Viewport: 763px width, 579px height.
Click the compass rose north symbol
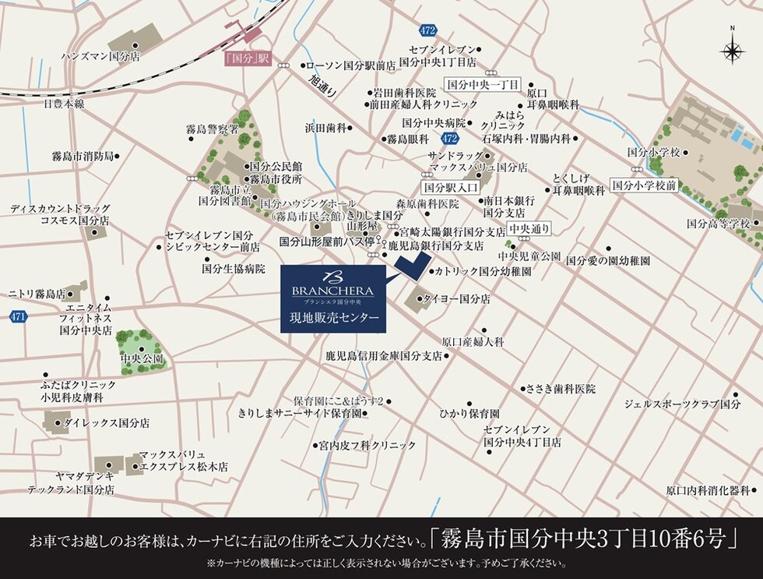(733, 49)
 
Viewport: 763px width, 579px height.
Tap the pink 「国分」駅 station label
(245, 58)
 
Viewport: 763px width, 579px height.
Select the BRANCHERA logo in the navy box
(332, 285)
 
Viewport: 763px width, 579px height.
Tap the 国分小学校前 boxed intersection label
(643, 185)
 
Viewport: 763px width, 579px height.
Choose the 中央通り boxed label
(529, 229)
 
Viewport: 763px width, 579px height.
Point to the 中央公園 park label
(142, 359)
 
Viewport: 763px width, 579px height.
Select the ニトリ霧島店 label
(37, 294)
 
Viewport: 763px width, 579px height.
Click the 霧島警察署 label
(212, 129)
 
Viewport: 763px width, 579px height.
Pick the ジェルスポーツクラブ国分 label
(681, 404)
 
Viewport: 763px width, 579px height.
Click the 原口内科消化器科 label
(707, 491)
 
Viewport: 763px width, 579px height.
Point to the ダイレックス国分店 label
(107, 423)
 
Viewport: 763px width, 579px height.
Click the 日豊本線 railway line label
(64, 103)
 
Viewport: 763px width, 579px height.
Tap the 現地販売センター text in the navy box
(334, 318)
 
